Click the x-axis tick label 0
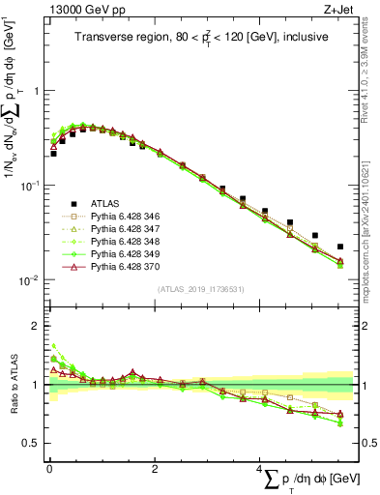49,468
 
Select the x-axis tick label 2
155,468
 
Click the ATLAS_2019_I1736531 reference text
199,290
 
